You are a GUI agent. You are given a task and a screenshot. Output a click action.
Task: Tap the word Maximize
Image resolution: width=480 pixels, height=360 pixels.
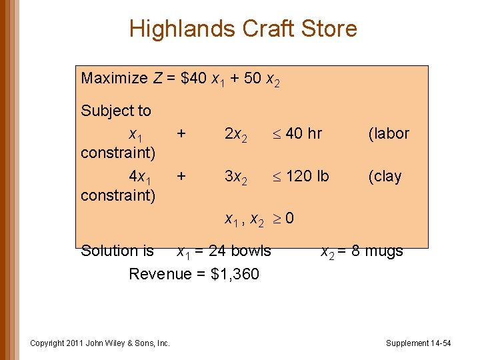(114, 79)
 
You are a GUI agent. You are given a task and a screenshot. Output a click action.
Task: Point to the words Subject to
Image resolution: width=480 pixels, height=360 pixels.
(116, 111)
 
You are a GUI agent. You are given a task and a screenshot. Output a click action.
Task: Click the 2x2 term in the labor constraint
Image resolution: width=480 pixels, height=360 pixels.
(236, 134)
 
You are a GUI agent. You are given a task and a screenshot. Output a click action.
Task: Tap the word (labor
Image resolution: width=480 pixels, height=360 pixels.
(389, 134)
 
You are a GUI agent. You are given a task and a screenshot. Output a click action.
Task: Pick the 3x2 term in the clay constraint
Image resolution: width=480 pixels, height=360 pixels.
(236, 177)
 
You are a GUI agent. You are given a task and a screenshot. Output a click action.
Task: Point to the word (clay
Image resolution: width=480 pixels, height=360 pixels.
(385, 177)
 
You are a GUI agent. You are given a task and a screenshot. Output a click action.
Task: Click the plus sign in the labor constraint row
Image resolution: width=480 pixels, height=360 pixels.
(181, 133)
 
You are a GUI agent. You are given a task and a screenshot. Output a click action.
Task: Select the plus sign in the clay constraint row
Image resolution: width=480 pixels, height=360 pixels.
(181, 176)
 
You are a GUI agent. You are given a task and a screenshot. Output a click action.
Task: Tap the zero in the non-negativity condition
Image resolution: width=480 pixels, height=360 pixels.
(290, 219)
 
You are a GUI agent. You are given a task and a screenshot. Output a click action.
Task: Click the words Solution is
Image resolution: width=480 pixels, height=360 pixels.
(117, 251)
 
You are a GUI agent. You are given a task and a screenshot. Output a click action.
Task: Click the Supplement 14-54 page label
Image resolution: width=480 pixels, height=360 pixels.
(418, 343)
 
